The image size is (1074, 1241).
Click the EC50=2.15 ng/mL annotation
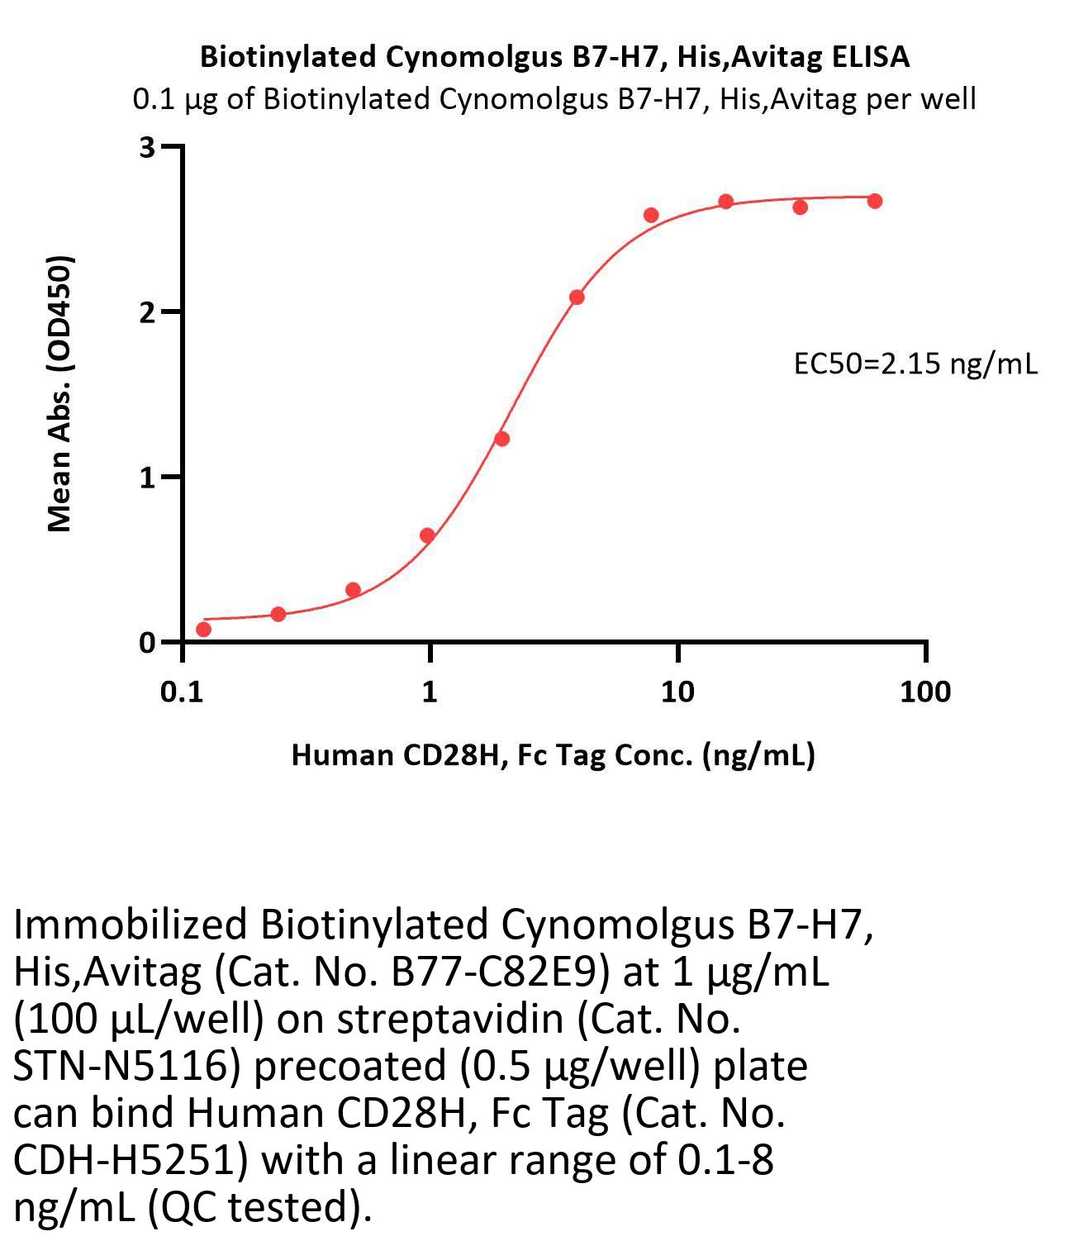pyautogui.click(x=915, y=364)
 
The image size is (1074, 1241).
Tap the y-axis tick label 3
pyautogui.click(x=148, y=148)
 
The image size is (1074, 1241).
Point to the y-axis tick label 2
pyautogui.click(x=148, y=312)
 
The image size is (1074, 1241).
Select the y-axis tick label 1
pyautogui.click(x=148, y=478)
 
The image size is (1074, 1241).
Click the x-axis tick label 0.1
pyautogui.click(x=182, y=692)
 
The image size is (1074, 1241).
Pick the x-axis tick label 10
pyautogui.click(x=677, y=692)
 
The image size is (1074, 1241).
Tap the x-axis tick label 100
pyautogui.click(x=925, y=692)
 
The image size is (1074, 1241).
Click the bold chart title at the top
pyautogui.click(x=555, y=56)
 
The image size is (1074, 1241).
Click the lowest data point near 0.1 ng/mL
pyautogui.click(x=203, y=630)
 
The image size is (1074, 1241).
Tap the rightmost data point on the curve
pyautogui.click(x=875, y=201)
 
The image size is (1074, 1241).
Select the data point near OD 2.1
pyautogui.click(x=577, y=297)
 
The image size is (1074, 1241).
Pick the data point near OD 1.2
pyautogui.click(x=501, y=439)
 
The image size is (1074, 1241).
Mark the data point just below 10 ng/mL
pyautogui.click(x=651, y=216)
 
